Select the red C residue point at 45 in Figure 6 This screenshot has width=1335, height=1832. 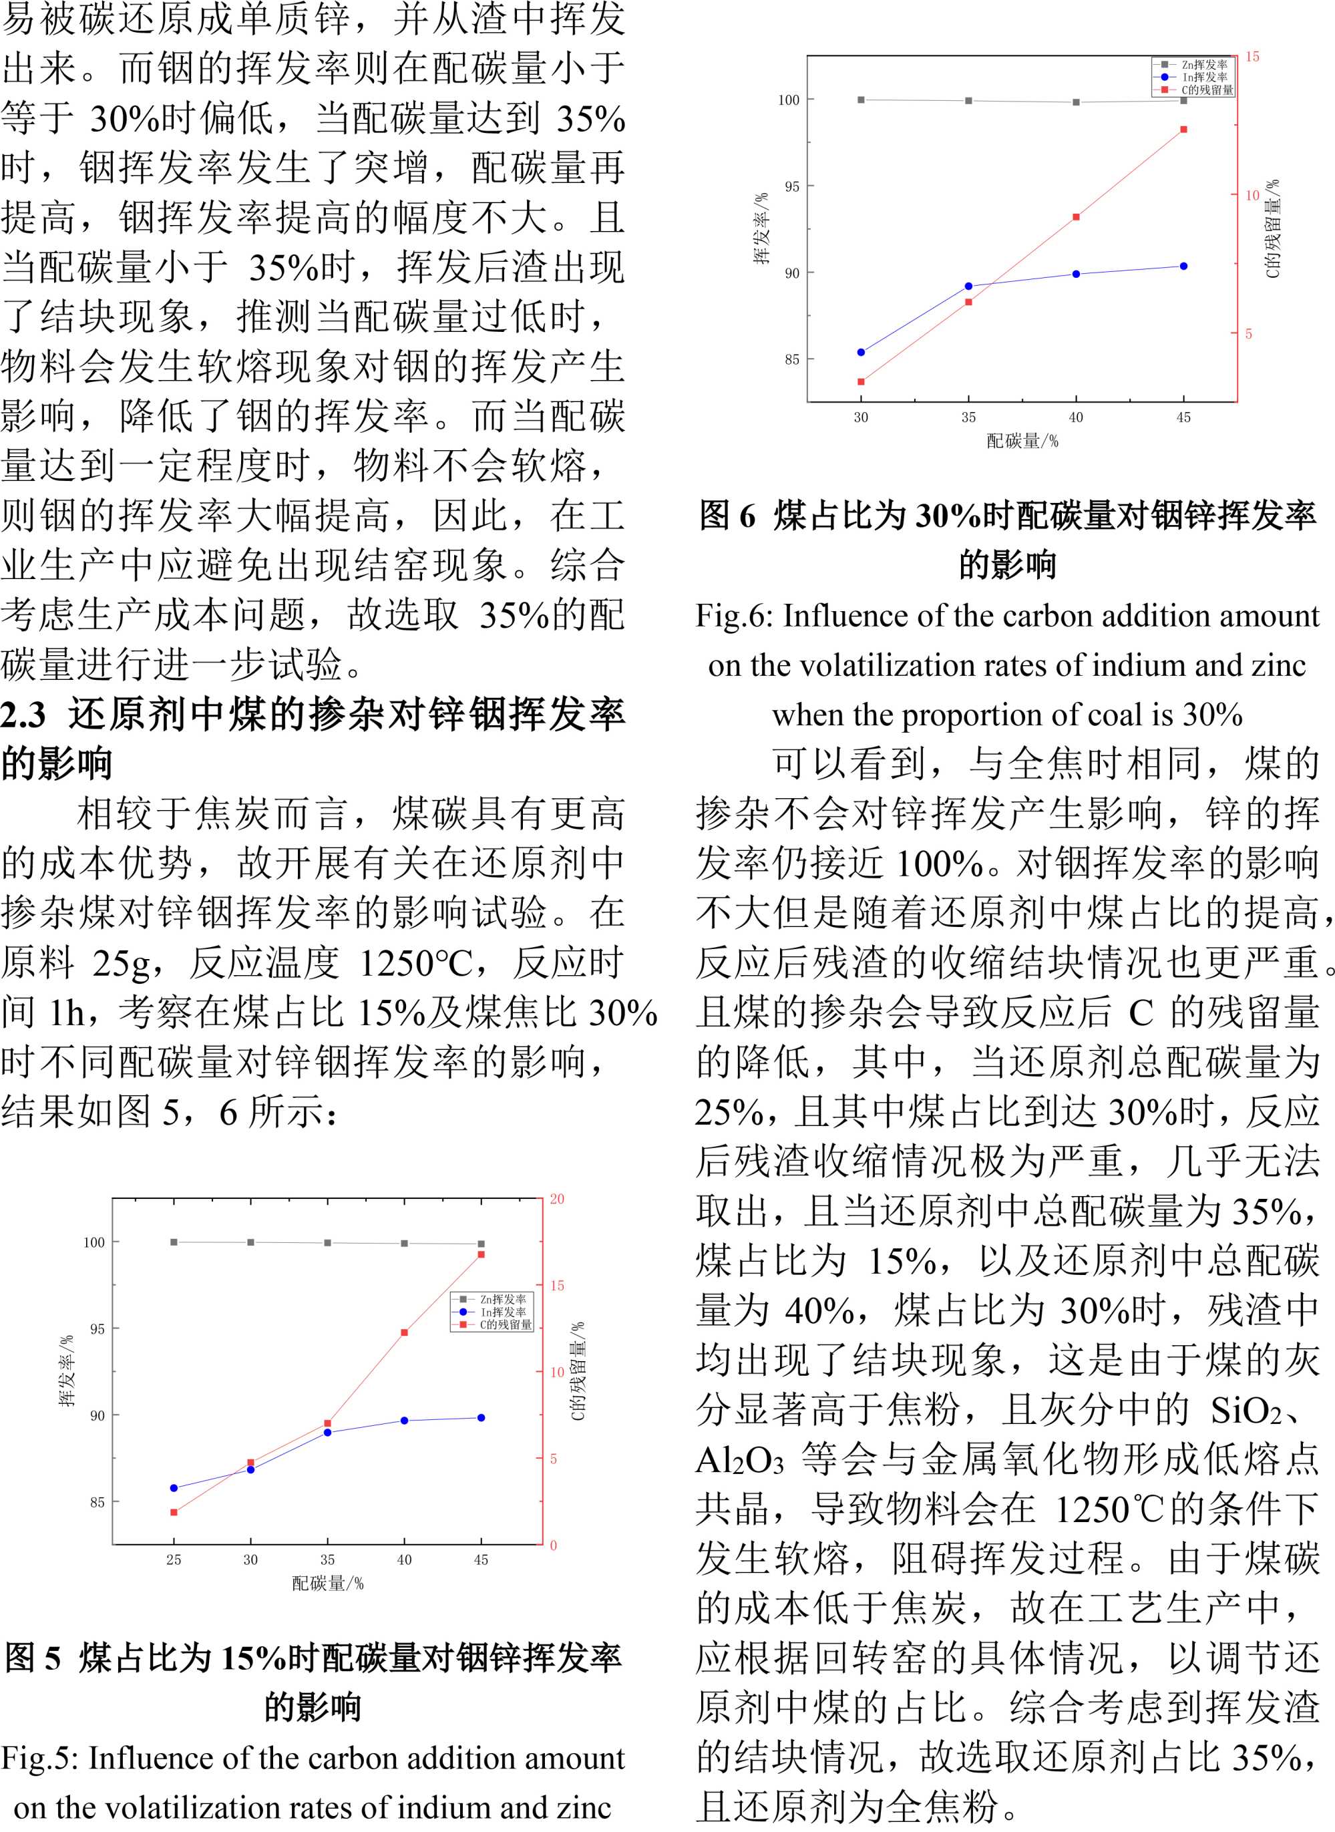pos(1184,130)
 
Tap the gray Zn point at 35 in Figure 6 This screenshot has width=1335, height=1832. pos(968,101)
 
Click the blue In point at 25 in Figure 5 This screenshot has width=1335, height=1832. pos(174,1488)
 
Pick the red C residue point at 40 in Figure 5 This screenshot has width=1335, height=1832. pos(404,1332)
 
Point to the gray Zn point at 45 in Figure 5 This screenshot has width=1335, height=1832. pos(481,1244)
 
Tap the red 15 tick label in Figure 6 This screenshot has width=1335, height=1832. pos(1252,57)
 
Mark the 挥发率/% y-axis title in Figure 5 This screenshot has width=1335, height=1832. pos(66,1370)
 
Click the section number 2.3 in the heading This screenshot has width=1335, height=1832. pos(23,715)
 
